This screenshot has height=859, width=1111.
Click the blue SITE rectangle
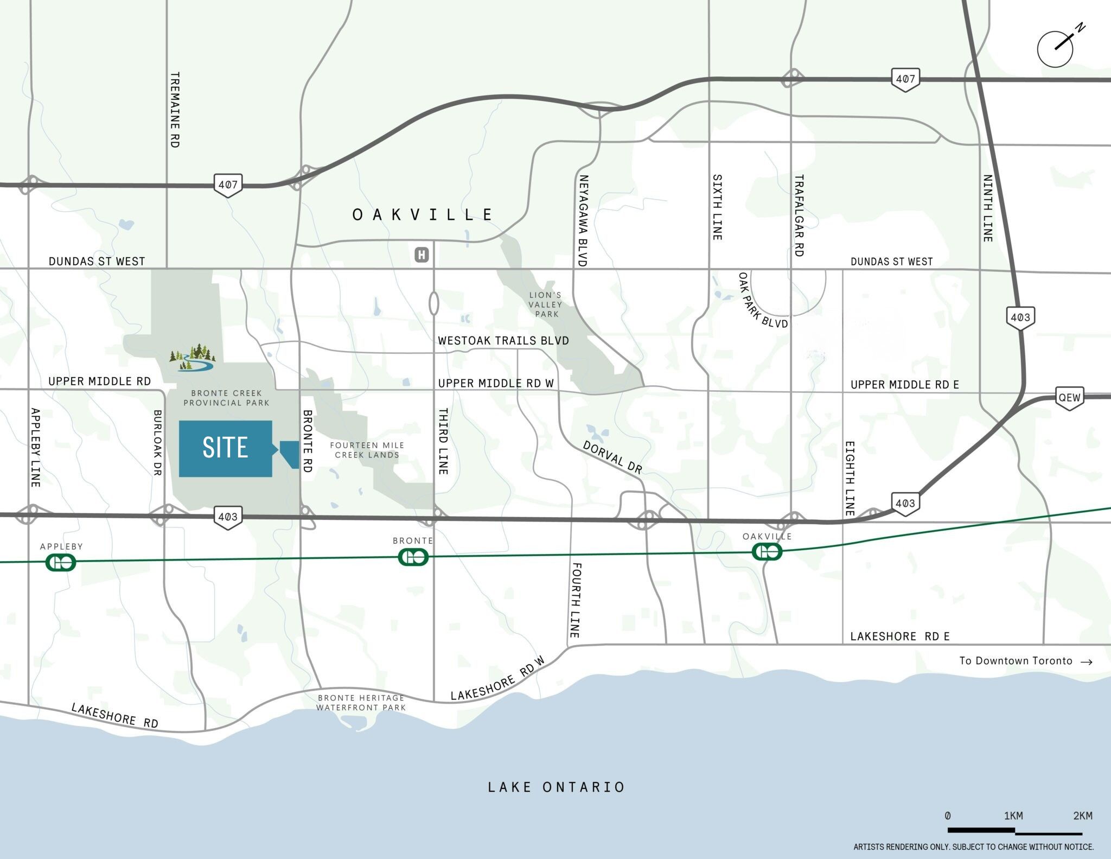click(225, 448)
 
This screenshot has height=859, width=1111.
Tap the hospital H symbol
click(422, 254)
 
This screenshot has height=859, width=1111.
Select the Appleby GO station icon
click(61, 562)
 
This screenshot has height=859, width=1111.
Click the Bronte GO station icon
click(413, 557)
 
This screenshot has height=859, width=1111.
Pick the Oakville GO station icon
click(767, 552)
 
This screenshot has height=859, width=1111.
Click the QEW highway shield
click(1069, 398)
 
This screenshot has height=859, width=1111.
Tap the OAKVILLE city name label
click(423, 215)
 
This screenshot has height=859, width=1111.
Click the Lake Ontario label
click(556, 787)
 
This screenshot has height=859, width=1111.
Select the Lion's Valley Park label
click(546, 304)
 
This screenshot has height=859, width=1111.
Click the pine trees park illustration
click(193, 357)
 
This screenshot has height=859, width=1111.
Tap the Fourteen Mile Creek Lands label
click(367, 450)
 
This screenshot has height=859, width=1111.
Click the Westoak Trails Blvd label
click(503, 341)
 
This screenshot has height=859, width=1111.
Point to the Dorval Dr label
click(612, 457)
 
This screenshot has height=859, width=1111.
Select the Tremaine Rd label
click(175, 110)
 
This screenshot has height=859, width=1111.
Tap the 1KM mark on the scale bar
click(1013, 816)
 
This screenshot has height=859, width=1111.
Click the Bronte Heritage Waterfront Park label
click(361, 703)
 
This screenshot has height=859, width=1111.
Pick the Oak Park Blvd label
click(762, 300)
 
